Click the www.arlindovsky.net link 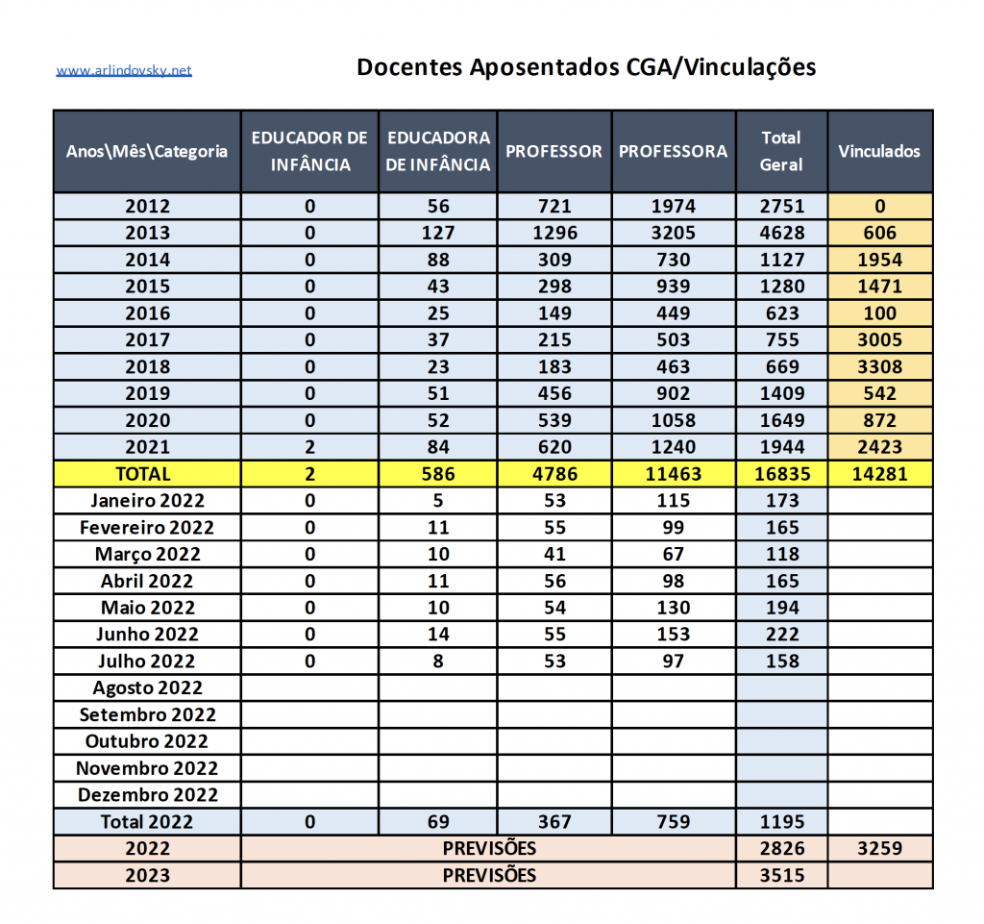point(124,70)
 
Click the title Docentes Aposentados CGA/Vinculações point(586,67)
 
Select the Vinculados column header point(879,151)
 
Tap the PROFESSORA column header point(673,151)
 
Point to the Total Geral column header point(781,151)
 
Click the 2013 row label point(147,233)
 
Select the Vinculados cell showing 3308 point(879,366)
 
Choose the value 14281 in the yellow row point(879,474)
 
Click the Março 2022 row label point(147,554)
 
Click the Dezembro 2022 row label point(147,795)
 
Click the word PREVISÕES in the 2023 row point(489,875)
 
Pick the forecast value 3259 point(879,849)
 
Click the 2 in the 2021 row point(309,447)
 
